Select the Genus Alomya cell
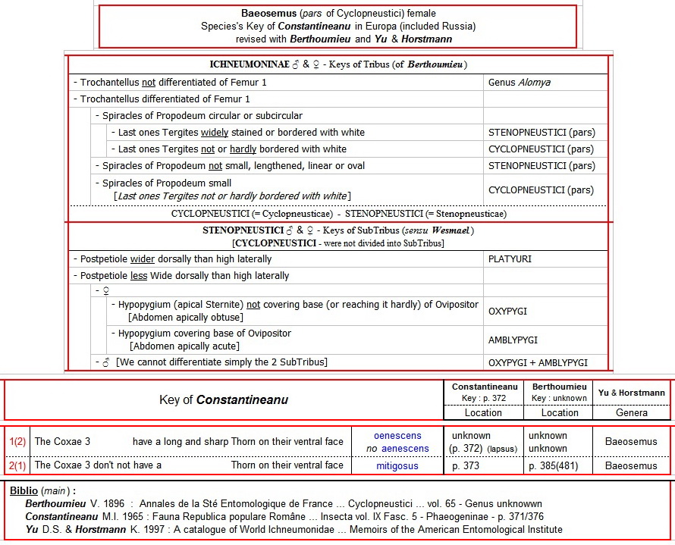point(519,83)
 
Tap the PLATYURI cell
point(510,259)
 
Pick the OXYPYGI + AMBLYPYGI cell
point(538,362)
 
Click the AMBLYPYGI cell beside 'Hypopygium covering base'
point(513,340)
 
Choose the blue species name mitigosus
point(397,466)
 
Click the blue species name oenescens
point(398,436)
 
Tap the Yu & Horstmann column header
point(632,393)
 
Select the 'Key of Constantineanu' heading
point(224,399)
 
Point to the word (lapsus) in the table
point(502,449)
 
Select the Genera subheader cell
point(632,413)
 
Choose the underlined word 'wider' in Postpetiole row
point(143,259)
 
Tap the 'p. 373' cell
point(466,466)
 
